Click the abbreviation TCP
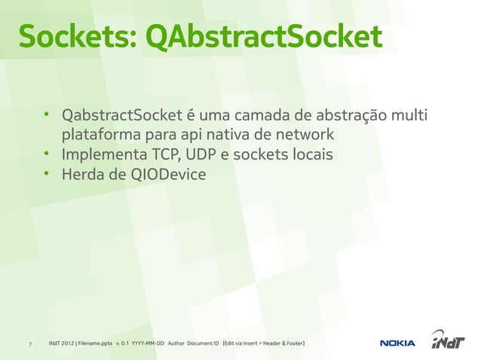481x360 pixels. coord(164,155)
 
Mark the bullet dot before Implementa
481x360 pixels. coord(46,155)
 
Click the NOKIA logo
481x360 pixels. coord(397,343)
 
